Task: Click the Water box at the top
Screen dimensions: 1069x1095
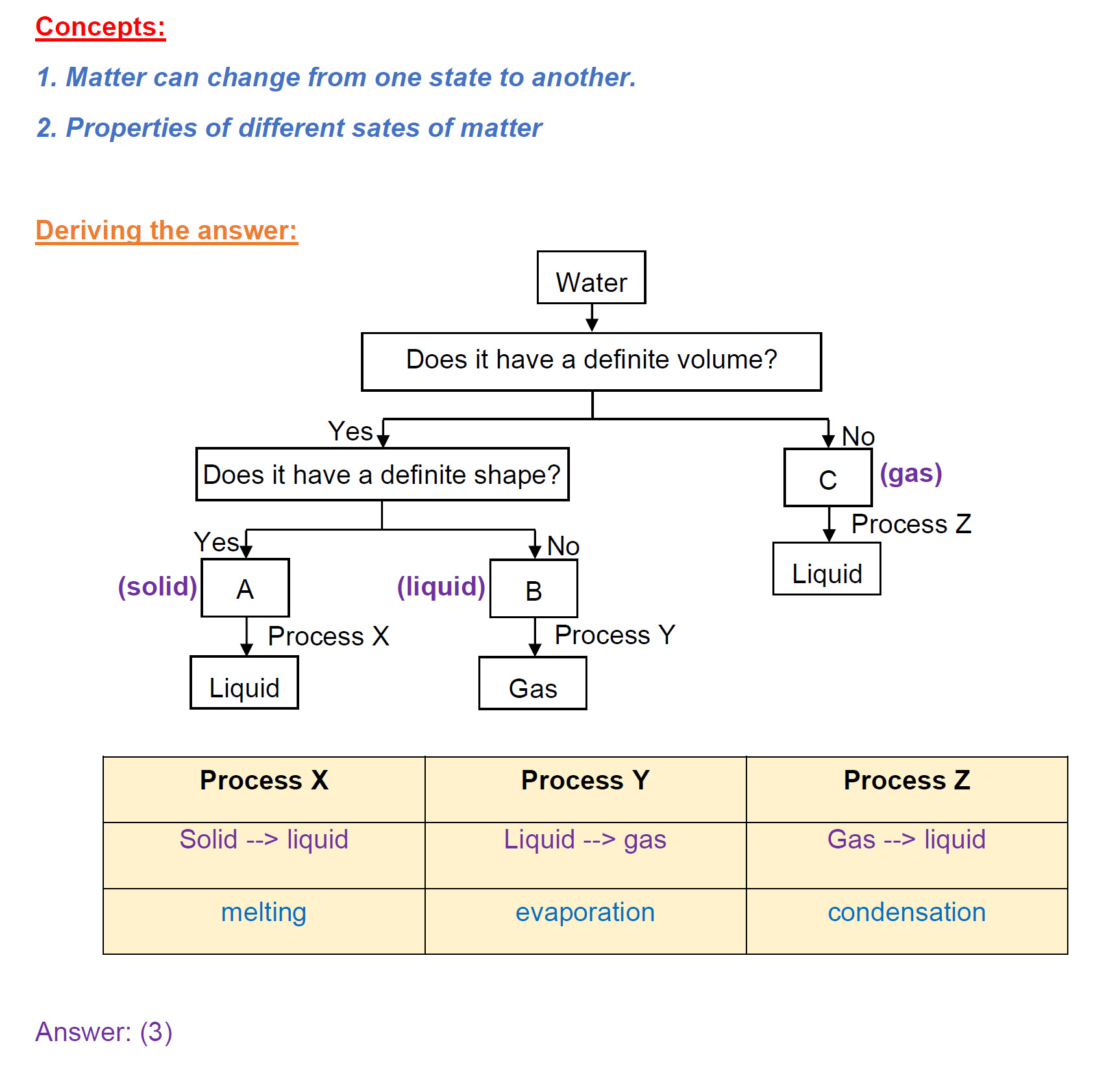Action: [591, 278]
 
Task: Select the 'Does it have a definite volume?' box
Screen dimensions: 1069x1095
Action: [591, 361]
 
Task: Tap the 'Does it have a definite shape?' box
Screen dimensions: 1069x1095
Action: [382, 474]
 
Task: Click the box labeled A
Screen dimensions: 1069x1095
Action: [245, 588]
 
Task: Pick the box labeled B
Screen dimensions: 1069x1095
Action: [533, 589]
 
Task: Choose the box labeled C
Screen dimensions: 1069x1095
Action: [827, 478]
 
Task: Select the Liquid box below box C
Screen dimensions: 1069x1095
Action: [826, 570]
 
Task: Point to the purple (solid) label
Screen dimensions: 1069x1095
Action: [157, 586]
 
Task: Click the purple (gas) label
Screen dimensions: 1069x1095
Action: [910, 474]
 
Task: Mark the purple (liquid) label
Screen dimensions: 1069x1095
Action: [441, 586]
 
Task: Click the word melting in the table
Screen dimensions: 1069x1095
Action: [264, 912]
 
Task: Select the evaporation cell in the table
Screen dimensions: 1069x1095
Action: [585, 912]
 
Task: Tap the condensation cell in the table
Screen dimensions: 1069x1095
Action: [906, 912]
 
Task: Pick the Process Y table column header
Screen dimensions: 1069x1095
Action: [585, 780]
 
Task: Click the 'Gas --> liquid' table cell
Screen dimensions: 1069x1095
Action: [906, 839]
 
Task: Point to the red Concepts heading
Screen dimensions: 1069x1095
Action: [101, 27]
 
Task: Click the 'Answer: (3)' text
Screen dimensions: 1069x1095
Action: [104, 1032]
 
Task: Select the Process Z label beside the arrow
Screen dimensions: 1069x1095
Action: [911, 524]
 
